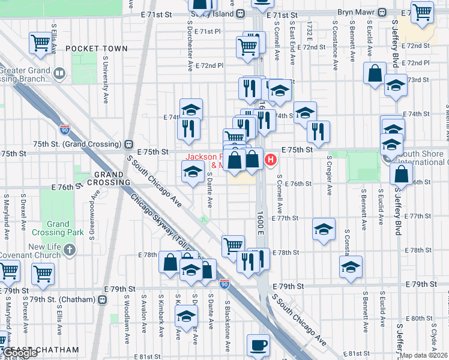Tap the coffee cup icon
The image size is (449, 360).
tap(259, 346)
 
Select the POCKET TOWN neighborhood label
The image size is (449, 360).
tap(97, 49)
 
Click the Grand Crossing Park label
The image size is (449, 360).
tap(58, 228)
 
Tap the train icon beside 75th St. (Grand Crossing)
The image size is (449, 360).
tap(128, 144)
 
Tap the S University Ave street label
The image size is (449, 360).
tap(105, 80)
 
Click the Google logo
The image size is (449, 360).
tap(20, 353)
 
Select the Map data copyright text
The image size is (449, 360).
tap(424, 355)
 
